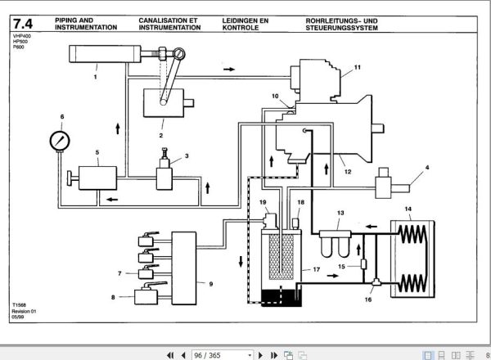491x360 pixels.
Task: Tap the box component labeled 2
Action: click(x=161, y=106)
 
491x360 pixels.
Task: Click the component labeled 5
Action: click(x=97, y=177)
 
